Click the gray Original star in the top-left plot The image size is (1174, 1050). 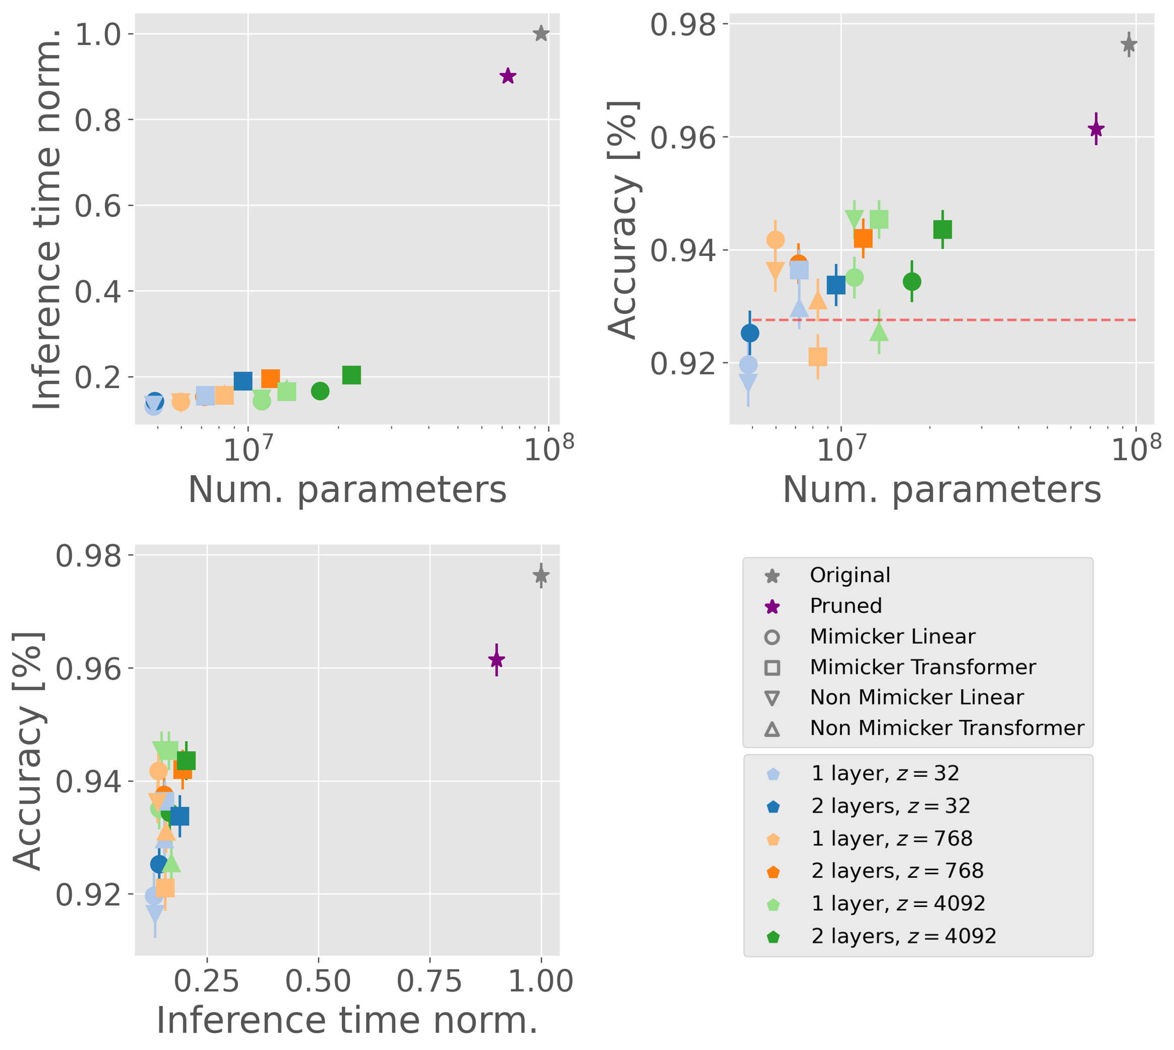coord(541,33)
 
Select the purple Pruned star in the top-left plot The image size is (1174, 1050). coord(507,76)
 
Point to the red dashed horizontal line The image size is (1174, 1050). coord(980,319)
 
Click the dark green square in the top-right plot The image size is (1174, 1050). coord(942,230)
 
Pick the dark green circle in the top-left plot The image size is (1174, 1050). coord(320,391)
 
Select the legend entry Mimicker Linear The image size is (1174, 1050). coord(892,636)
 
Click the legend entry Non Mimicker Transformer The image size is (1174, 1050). coord(946,728)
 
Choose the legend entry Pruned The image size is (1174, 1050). coord(845,606)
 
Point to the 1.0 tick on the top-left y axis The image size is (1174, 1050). coord(97,35)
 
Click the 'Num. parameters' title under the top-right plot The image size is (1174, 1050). coord(942,490)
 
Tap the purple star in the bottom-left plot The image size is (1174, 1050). coord(496,659)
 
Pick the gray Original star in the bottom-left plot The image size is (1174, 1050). coord(541,575)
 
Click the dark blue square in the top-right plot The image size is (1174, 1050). coord(836,285)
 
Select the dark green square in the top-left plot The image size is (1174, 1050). coord(351,375)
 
